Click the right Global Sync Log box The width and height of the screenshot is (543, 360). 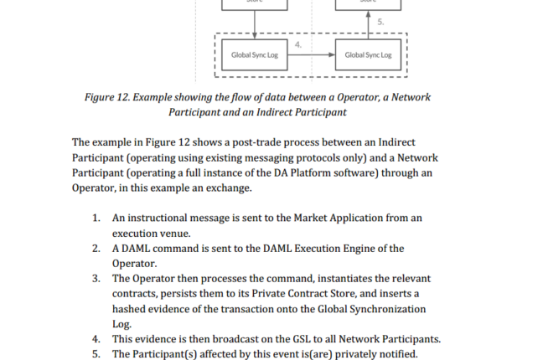coord(367,55)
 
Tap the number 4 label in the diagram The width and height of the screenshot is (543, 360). coord(299,44)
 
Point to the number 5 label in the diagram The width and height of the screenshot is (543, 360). coord(381,23)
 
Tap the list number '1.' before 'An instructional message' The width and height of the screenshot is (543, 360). coord(97,218)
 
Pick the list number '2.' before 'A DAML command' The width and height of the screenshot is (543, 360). coord(97,248)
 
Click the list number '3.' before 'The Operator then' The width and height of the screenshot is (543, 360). coord(97,278)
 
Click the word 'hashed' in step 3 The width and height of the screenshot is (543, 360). coord(131,308)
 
